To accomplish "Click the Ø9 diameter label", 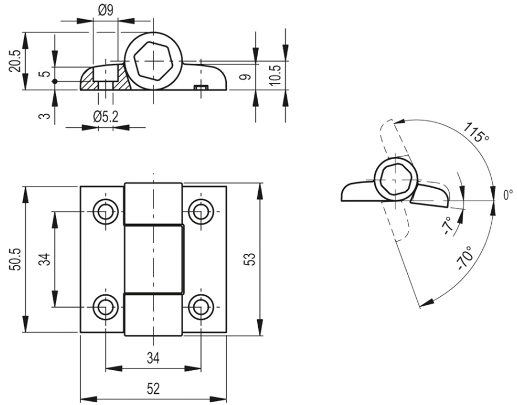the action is click(105, 10).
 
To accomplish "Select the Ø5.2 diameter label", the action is click(105, 117).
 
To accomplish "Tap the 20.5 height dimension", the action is click(15, 61).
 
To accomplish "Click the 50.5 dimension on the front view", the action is click(15, 259).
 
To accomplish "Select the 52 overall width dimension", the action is click(153, 389).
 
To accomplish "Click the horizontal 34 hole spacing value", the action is click(153, 357).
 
